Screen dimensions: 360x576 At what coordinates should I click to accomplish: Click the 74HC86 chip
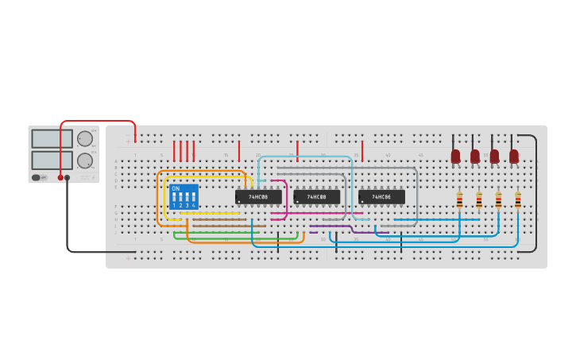pyautogui.click(x=381, y=196)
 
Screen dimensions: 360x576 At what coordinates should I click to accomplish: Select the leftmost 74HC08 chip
pyautogui.click(x=258, y=196)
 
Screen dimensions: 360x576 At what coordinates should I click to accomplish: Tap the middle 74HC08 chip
pyautogui.click(x=317, y=196)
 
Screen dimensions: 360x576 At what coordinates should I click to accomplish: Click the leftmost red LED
pyautogui.click(x=455, y=157)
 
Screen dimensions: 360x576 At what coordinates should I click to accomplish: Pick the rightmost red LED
pyautogui.click(x=514, y=157)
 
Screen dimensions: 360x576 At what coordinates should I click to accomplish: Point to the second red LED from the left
pyautogui.click(x=475, y=157)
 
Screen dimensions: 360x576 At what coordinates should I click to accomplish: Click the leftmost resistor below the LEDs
pyautogui.click(x=459, y=199)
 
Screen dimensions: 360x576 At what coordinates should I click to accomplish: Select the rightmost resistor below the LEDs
pyautogui.click(x=518, y=199)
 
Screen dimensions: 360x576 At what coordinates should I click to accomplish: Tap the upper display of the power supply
pyautogui.click(x=52, y=138)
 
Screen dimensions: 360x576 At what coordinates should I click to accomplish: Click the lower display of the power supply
pyautogui.click(x=52, y=160)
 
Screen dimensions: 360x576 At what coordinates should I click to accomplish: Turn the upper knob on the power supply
pyautogui.click(x=84, y=138)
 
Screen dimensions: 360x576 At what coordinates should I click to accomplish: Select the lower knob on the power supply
pyautogui.click(x=84, y=161)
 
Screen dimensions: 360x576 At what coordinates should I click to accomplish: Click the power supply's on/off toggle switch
pyautogui.click(x=37, y=177)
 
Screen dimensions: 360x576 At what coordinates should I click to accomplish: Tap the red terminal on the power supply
pyautogui.click(x=60, y=177)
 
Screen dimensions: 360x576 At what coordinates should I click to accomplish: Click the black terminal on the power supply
pyautogui.click(x=68, y=177)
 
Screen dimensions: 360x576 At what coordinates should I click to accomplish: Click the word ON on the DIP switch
pyautogui.click(x=176, y=188)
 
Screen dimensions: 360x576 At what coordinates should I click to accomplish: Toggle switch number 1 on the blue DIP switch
pyautogui.click(x=174, y=196)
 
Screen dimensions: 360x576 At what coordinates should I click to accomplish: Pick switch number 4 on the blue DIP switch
pyautogui.click(x=193, y=196)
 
